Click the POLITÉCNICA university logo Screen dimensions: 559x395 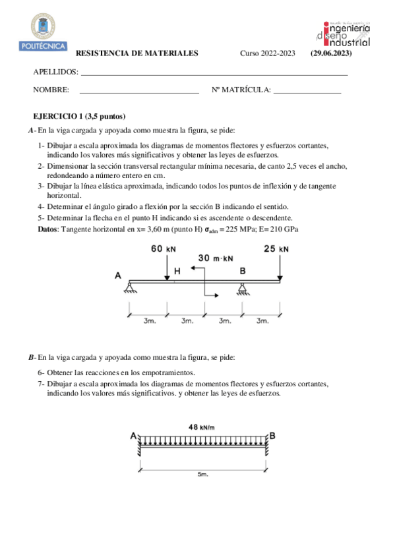(48, 33)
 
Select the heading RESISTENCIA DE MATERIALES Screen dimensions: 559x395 (137, 54)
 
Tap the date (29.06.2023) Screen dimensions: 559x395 (331, 54)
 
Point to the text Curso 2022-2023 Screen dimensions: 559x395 (267, 54)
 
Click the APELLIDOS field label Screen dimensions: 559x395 (55, 73)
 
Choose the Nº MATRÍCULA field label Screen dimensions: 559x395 (241, 90)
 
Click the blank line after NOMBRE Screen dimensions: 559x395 (138, 92)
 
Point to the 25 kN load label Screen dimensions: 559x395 (276, 249)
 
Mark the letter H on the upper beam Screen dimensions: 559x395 (177, 271)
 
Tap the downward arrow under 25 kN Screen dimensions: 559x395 (280, 267)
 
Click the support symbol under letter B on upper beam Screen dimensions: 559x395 (243, 285)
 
